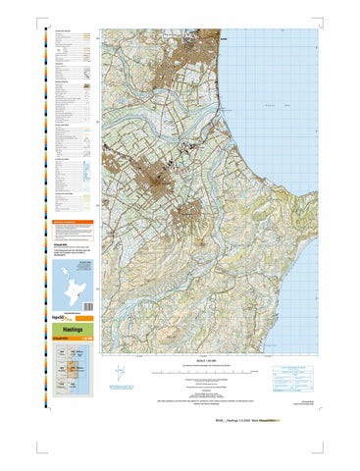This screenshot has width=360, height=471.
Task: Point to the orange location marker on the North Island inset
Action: (72, 294)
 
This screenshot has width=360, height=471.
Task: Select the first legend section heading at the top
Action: (65, 30)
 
